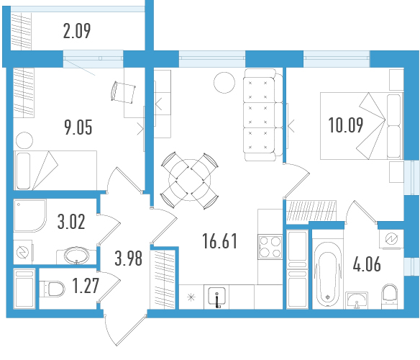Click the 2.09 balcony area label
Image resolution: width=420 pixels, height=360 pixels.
point(77,31)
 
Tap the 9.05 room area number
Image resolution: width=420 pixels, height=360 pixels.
point(78,127)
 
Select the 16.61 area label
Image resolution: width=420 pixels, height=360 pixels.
point(220,241)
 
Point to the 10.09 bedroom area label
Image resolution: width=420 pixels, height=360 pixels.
point(346,125)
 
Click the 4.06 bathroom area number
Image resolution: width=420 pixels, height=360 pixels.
point(367,264)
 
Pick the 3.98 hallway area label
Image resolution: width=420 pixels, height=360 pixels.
point(128,258)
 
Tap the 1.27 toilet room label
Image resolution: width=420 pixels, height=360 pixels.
point(86,285)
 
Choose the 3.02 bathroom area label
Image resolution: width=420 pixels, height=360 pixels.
point(71,222)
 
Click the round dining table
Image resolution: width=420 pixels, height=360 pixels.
point(190,180)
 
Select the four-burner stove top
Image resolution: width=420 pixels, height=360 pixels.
point(270,247)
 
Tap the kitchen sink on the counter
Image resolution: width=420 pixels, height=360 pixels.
point(216,296)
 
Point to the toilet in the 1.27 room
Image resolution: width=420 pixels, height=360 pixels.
point(52,289)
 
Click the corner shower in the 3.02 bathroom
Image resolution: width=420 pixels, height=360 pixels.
point(30,215)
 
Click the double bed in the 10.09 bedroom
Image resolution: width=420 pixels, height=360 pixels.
point(362,126)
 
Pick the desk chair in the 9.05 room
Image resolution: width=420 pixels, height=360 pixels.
point(123,92)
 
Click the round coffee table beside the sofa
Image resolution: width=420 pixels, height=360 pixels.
point(224,83)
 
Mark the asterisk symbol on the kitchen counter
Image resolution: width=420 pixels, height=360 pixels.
point(191,297)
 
